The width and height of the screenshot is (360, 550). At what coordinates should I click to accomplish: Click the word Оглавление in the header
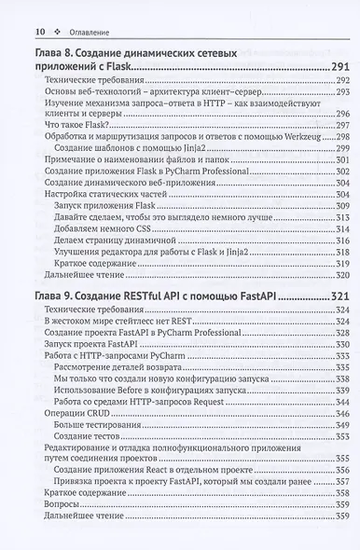coord(88,33)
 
